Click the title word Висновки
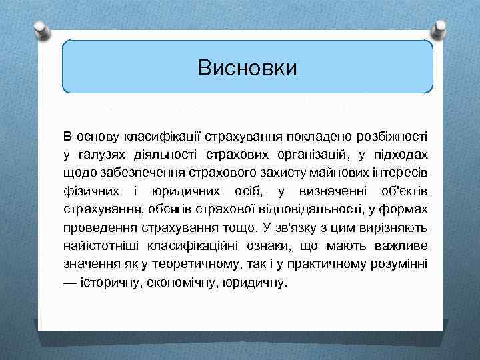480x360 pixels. point(247,68)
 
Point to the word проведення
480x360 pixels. point(95,227)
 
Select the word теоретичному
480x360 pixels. point(223,264)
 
